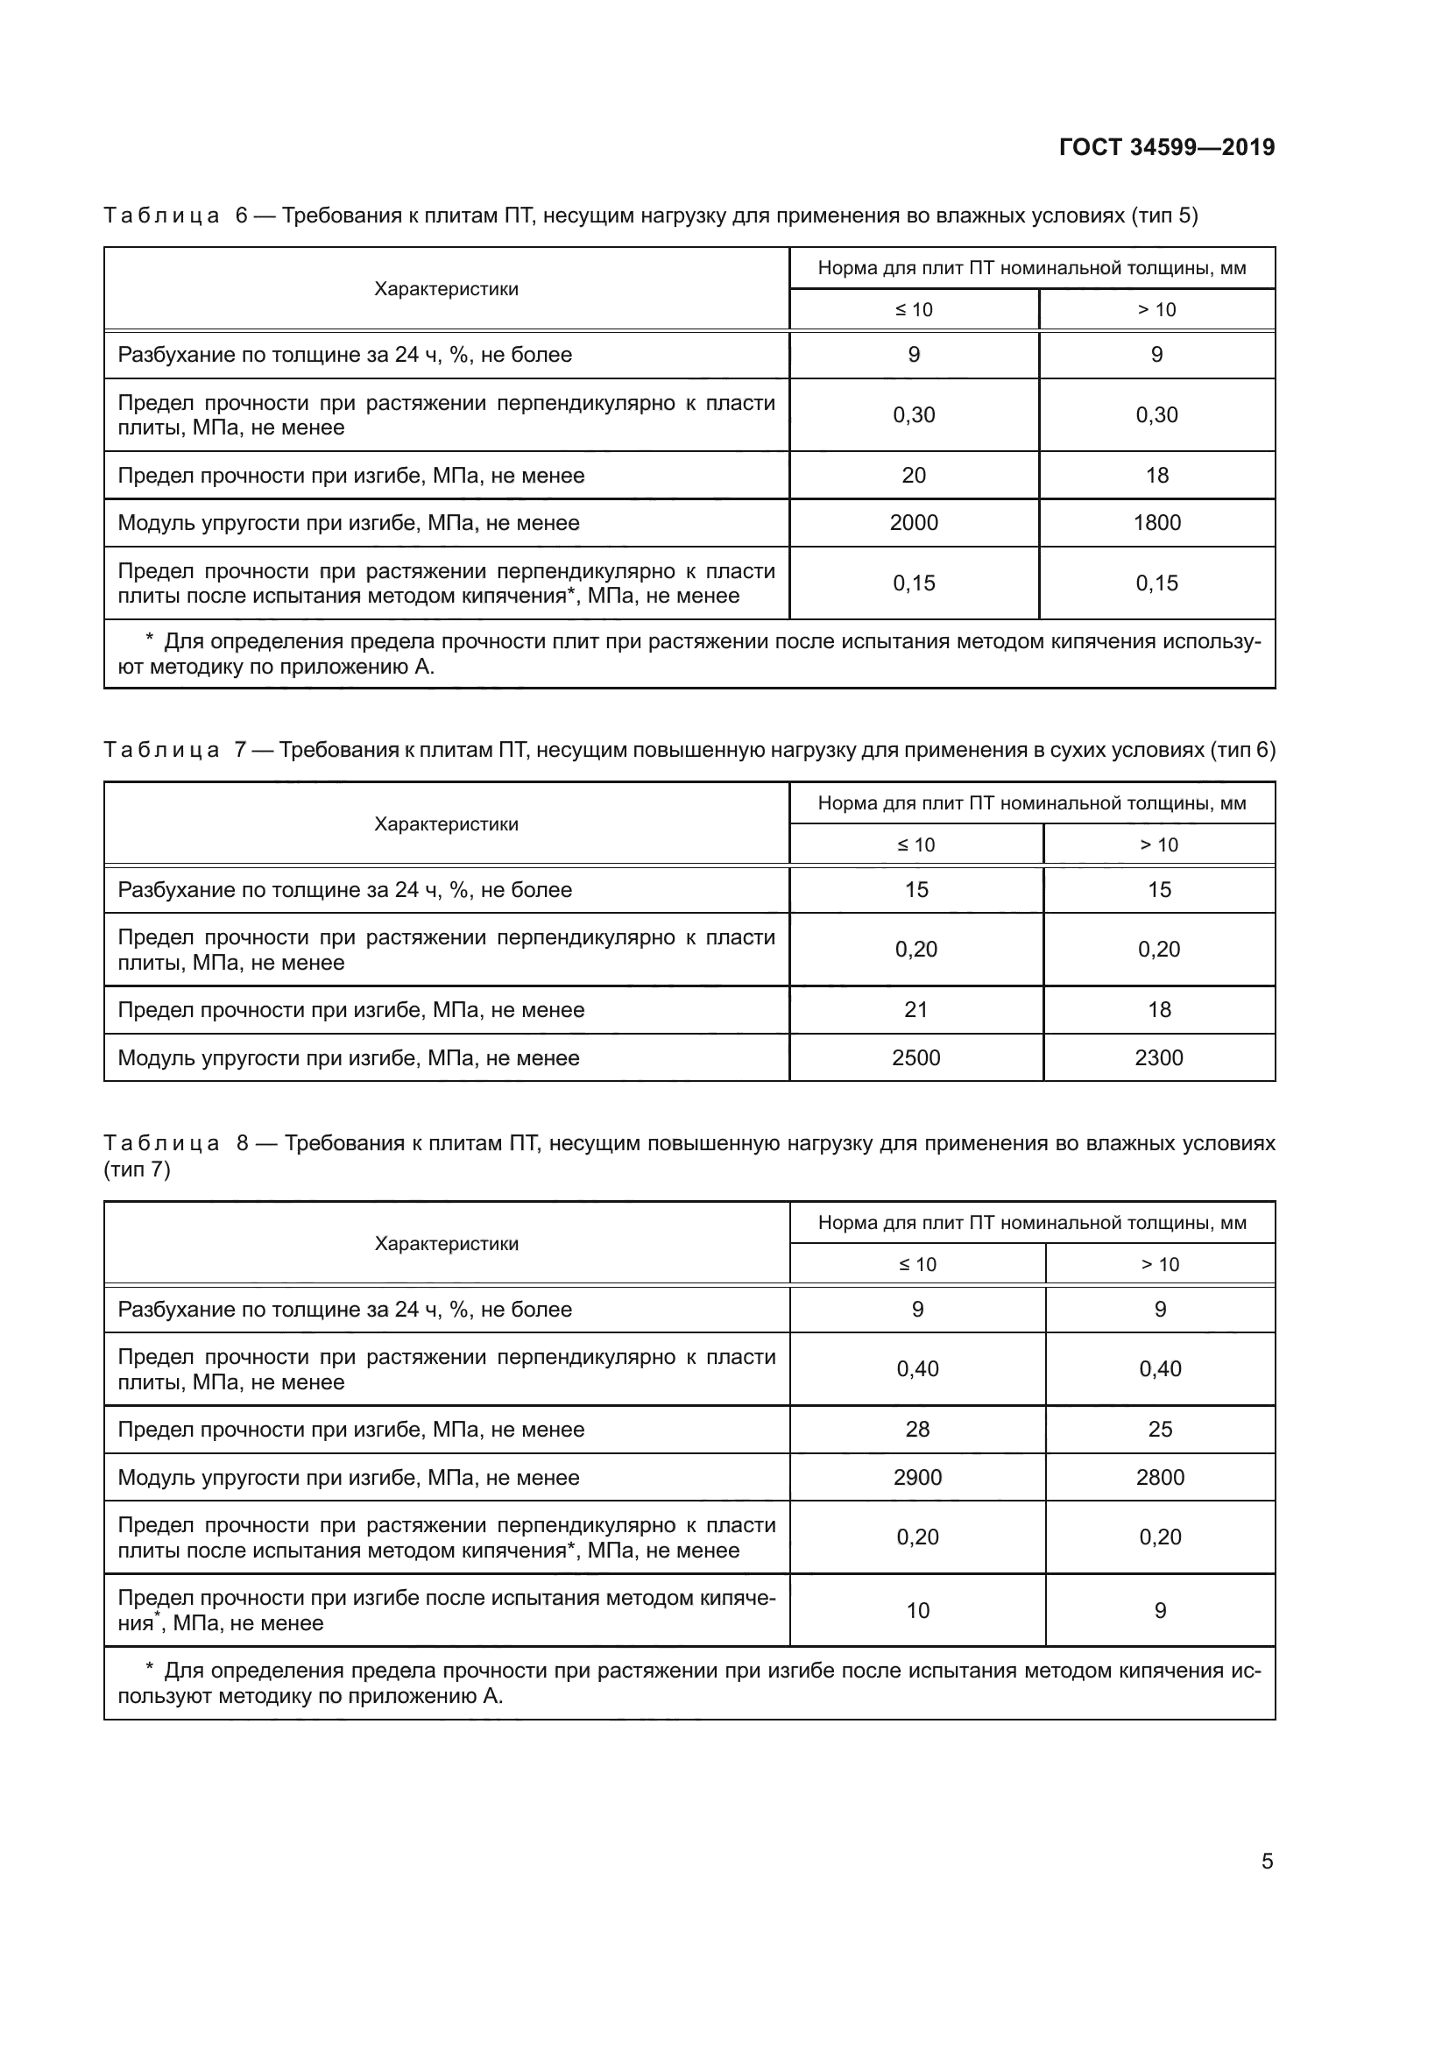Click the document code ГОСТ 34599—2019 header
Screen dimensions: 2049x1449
[x=1166, y=147]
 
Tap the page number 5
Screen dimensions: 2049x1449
[x=1267, y=1861]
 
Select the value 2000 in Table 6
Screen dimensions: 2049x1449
[x=914, y=523]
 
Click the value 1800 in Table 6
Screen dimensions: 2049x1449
[x=1156, y=523]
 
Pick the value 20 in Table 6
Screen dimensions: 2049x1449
[x=914, y=476]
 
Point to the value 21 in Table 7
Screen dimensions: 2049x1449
[x=915, y=1009]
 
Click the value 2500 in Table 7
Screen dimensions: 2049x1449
[x=915, y=1057]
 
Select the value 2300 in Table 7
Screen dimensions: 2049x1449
[x=1158, y=1057]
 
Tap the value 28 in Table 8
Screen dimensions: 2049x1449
[x=917, y=1429]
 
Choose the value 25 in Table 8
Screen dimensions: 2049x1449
[x=1160, y=1429]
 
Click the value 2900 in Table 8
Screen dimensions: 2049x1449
[x=917, y=1477]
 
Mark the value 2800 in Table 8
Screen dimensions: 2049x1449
[x=1160, y=1477]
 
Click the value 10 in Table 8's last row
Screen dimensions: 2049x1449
[x=917, y=1611]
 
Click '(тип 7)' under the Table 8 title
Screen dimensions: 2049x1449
[x=137, y=1169]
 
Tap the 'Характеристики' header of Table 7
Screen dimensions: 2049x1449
[x=446, y=823]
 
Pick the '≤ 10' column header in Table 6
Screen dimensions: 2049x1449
[x=914, y=309]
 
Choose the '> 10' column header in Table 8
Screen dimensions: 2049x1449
[x=1160, y=1264]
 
